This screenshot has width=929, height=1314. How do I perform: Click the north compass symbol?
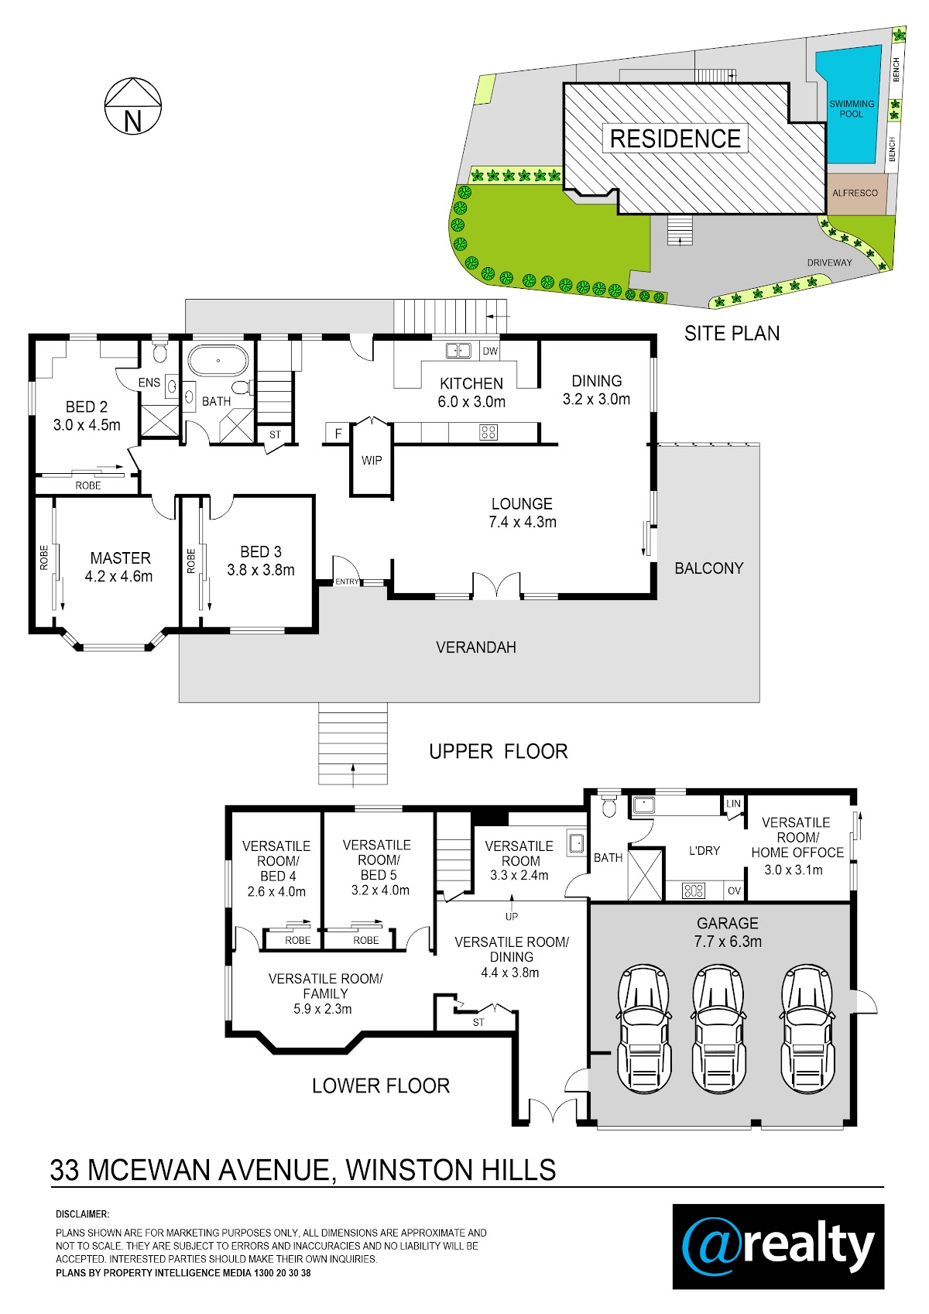133,106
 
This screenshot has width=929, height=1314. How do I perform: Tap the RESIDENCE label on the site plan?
675,139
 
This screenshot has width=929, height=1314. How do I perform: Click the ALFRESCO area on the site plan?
855,193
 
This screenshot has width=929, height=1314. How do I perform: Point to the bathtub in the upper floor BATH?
218,360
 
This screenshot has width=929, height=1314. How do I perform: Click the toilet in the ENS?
159,352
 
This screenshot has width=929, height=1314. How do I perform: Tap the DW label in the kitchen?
490,352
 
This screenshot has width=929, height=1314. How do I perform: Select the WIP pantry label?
372,461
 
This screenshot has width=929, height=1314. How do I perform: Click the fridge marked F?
338,434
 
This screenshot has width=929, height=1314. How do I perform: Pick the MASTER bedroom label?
120,558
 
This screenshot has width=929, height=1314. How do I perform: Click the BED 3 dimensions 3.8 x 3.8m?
261,570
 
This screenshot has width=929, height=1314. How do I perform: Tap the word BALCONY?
708,568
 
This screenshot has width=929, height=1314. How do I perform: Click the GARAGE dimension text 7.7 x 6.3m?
727,942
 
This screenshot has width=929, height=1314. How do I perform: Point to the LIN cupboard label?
734,804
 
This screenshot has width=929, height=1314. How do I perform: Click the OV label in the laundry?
734,890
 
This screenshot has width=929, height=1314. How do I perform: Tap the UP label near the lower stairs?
512,916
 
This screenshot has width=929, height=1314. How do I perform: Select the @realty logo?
778,1247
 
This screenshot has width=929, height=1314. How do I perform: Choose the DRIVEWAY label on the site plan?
829,262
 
